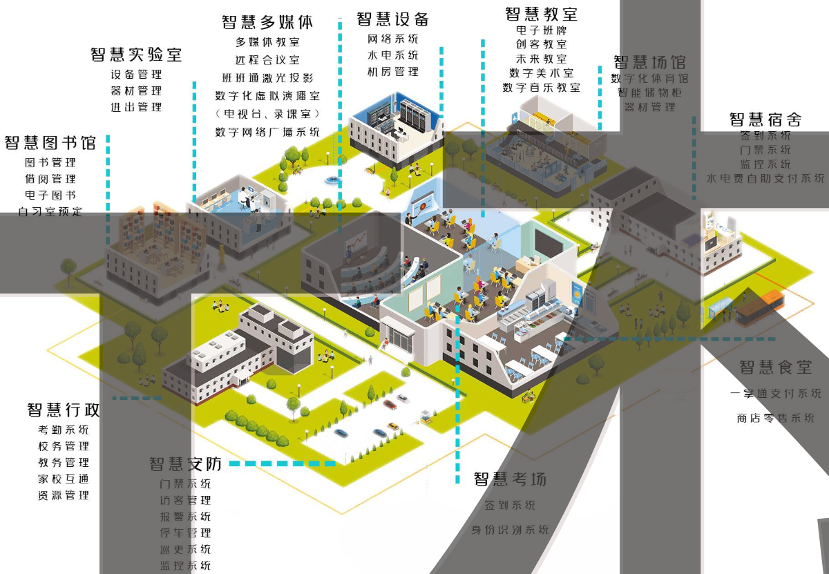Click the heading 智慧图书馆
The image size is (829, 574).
point(50,143)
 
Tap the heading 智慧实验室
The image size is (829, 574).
point(137,55)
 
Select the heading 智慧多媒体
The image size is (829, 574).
point(267,22)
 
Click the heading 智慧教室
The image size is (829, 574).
point(542,14)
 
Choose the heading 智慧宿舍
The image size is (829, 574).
point(765,119)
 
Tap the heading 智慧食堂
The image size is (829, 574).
point(776,367)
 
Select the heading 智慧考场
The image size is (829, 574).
point(510,479)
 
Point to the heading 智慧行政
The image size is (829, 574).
point(64,410)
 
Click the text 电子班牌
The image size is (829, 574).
point(542,30)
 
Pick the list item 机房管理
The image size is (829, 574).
point(393,72)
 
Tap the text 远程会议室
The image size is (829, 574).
point(267,60)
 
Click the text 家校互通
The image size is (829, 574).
point(64,479)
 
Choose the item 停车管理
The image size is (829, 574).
point(185,533)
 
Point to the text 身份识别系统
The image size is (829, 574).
point(510,530)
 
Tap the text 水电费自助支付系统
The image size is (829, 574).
point(765,179)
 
